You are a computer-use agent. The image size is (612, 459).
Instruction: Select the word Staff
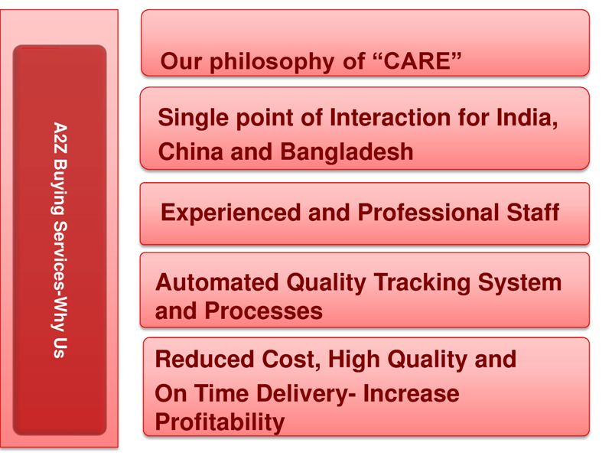click(x=529, y=213)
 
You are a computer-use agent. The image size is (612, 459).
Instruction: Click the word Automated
click(x=217, y=283)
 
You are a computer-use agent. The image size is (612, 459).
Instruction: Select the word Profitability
click(x=220, y=422)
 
